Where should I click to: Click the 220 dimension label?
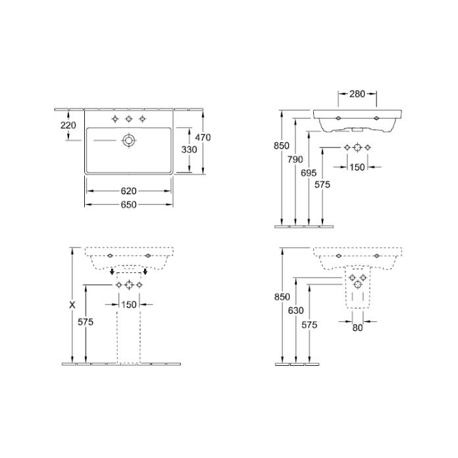pyautogui.click(x=68, y=125)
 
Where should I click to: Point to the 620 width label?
pyautogui.click(x=128, y=191)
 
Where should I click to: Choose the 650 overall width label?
pyautogui.click(x=128, y=205)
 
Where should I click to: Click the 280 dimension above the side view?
pyautogui.click(x=357, y=95)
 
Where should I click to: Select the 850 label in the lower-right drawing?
pyautogui.click(x=282, y=297)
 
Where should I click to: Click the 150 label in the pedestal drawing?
pyautogui.click(x=129, y=304)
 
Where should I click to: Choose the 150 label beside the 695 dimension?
pyautogui.click(x=356, y=168)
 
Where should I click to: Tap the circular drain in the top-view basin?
pyautogui.click(x=128, y=140)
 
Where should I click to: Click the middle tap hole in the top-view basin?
pyautogui.click(x=128, y=118)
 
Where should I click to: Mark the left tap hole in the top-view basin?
pyautogui.click(x=115, y=118)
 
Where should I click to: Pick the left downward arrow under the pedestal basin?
pyautogui.click(x=113, y=272)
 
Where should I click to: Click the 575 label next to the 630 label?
pyautogui.click(x=310, y=324)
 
